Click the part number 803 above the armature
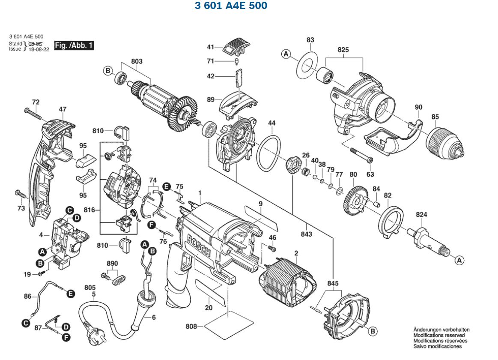coord(137,62)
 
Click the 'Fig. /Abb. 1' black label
coord(74,45)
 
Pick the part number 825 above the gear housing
coord(343,50)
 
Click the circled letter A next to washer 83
coord(286,54)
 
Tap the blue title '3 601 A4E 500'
coord(231,6)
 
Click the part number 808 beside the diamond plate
coord(191,327)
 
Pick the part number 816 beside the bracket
coord(89,210)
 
